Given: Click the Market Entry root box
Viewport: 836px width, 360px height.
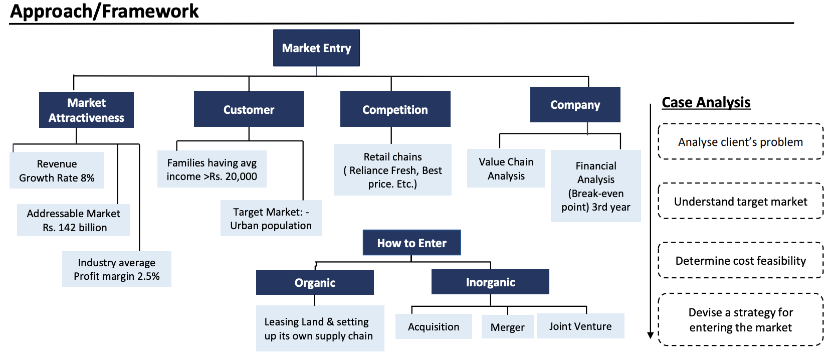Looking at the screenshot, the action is pos(316,48).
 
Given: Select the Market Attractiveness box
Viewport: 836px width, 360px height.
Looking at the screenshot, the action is pos(86,110).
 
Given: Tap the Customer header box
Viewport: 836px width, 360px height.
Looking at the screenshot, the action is pos(249,109).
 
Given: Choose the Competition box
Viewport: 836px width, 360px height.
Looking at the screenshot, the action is pos(395,109).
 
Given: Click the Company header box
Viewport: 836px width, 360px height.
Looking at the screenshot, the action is pos(575,105).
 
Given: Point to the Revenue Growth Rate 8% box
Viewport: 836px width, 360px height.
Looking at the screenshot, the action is pos(57,170).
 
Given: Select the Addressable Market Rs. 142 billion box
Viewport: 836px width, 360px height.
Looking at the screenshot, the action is pos(74,220).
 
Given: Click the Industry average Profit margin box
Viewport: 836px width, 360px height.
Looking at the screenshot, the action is pos(116,269).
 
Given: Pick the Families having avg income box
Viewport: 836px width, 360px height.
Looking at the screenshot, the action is pos(212,169).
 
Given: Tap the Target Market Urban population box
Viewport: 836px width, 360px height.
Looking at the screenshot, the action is pos(271,218).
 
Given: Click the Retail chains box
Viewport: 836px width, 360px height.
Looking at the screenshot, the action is pos(392,170).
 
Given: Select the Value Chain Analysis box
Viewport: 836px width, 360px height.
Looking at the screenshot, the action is pos(506,168).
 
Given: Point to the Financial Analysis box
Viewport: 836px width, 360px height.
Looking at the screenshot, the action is pos(596,186).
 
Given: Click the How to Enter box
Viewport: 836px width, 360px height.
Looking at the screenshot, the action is pos(411,243).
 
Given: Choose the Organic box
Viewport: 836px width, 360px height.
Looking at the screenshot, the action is pos(315,282).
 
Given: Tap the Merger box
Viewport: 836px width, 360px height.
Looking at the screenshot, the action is pos(508,327).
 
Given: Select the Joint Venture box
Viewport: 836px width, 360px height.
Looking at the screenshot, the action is pos(580,326).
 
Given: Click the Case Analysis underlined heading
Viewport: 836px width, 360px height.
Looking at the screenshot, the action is pos(706,102).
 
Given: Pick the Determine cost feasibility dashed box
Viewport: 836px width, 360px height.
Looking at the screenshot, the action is pos(741,260).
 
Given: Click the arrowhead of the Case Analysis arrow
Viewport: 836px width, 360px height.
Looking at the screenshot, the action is pos(650,335).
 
